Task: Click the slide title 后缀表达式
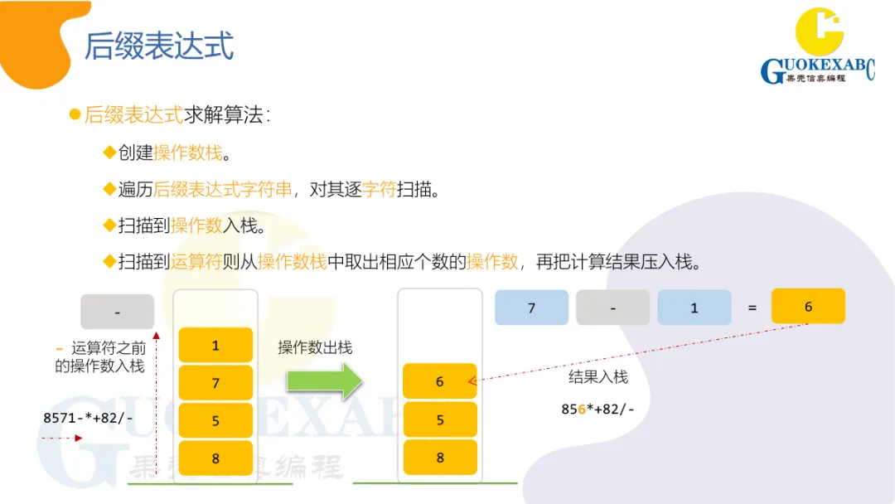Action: coord(158,46)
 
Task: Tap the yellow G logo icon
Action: coord(819,31)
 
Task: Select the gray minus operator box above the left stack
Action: coord(117,312)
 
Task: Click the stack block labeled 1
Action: coord(215,345)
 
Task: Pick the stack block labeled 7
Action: coord(215,383)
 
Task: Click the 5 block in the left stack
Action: coord(215,420)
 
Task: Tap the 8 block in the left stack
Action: coord(215,458)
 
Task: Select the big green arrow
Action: coord(324,381)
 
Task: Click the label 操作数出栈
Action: coord(315,347)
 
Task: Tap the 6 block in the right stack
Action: coord(439,381)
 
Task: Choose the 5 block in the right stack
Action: coord(439,419)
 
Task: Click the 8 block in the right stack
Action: coord(439,457)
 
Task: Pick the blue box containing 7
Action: coord(531,308)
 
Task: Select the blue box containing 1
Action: coord(694,308)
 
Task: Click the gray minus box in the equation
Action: coord(612,308)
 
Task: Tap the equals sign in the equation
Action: coord(752,308)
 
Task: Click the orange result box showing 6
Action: coord(808,306)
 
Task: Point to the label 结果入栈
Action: coord(597,377)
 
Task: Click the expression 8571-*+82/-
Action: coord(89,418)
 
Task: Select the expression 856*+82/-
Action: coord(597,409)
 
